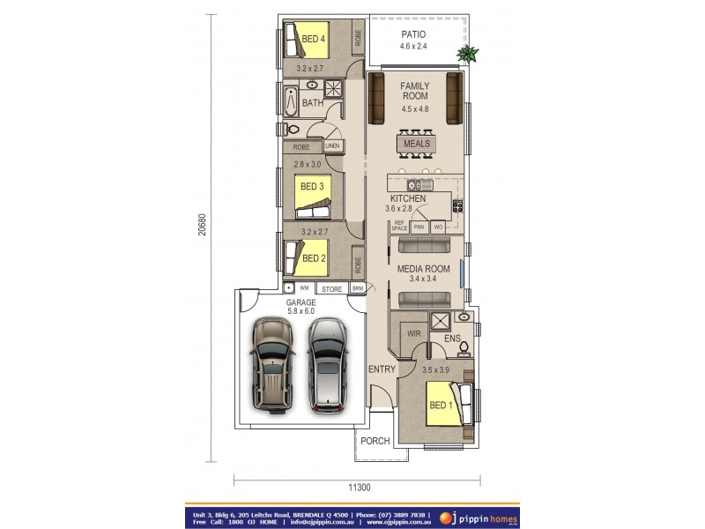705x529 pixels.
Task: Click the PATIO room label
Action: coord(413,34)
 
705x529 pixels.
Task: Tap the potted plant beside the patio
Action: coord(466,55)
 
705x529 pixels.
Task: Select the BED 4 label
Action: coord(314,39)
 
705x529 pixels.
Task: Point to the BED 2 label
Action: coord(314,258)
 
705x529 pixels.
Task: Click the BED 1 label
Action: coord(441,406)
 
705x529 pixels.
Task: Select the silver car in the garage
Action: coord(326,362)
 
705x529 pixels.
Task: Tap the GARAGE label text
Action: coord(301,302)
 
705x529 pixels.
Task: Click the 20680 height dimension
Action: coord(202,225)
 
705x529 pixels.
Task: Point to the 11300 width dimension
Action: coord(358,488)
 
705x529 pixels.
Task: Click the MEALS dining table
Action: coord(416,144)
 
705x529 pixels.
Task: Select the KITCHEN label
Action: coord(408,199)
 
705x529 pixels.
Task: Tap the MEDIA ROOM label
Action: coord(423,269)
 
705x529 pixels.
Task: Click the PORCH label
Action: coord(375,441)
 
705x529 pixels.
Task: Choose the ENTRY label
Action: coord(382,369)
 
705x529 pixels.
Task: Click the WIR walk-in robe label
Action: coord(413,334)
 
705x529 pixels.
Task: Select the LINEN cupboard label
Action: coord(332,146)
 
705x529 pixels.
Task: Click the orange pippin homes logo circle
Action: coord(445,518)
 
